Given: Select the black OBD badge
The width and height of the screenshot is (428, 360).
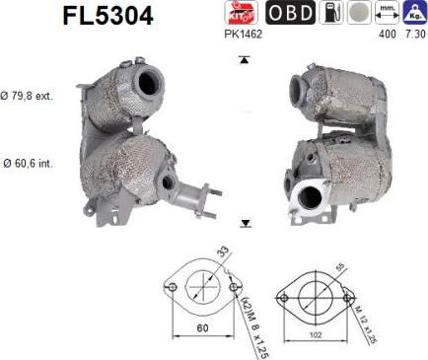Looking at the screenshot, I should (288, 13).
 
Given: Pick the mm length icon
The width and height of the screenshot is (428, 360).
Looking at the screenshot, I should (389, 13).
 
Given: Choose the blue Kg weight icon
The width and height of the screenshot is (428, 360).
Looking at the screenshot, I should (414, 13).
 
